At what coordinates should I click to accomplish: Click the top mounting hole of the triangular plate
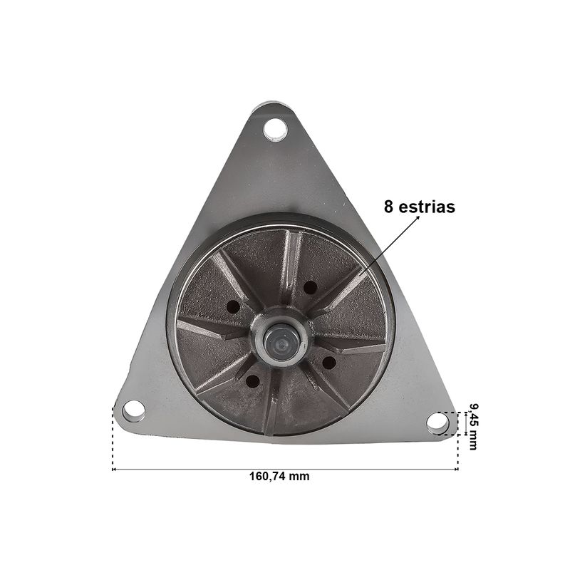pos(275,130)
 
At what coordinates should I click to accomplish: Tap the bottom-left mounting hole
pos(134,411)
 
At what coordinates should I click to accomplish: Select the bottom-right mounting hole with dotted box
pos(438,423)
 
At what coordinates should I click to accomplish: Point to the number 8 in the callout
pos(388,207)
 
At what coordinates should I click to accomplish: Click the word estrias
pos(427,207)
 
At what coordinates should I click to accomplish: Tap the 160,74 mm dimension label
pos(279,476)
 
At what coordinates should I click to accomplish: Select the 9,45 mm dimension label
pos(473,427)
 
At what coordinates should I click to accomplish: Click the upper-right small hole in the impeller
pos(310,288)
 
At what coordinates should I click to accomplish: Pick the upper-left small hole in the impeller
pos(234,307)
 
